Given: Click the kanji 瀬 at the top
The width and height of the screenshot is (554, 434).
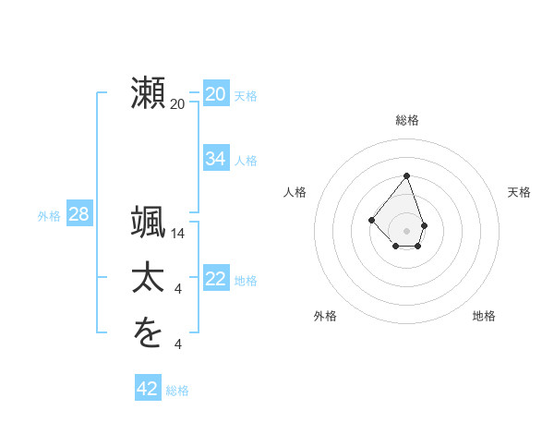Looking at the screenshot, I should coord(149,95).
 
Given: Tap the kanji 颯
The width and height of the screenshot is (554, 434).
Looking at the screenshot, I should coord(149,223).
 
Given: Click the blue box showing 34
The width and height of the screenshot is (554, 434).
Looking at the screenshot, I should coord(215,159).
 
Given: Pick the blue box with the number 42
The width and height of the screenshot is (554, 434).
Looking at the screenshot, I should coord(147,389).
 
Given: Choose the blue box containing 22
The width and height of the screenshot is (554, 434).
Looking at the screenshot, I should coord(215,280).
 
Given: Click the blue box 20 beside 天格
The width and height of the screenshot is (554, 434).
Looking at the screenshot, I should coord(215,94).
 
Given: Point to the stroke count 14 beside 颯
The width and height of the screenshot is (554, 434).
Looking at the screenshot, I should coord(178,234).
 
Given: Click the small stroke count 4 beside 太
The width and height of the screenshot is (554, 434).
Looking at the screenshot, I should coord(178,290).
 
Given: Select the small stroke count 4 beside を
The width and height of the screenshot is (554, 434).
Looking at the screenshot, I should coord(178,345).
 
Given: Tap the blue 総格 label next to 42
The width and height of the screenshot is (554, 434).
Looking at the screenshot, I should coord(177,391).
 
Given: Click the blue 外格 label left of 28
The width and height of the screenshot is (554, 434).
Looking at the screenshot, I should coord(49,216).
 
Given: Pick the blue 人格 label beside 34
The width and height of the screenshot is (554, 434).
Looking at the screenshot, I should coord(246,161).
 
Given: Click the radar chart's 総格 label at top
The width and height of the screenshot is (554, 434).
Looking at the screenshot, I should coord(406,120).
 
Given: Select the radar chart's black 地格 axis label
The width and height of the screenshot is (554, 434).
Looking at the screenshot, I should coord(484,316).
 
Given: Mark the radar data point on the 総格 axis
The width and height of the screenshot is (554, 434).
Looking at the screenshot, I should coord(406,176).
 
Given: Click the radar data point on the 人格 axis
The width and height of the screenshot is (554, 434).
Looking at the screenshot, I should coord(371,220).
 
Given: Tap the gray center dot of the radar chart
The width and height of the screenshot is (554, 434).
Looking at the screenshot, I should coord(406,231).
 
